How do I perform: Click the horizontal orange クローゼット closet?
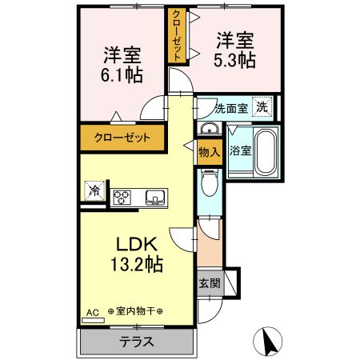121,138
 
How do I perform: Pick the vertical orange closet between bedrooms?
174,35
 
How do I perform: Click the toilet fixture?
209,185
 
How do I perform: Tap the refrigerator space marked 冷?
94,191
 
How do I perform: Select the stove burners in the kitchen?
123,197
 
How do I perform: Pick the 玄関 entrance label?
209,282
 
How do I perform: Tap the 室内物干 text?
135,311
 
